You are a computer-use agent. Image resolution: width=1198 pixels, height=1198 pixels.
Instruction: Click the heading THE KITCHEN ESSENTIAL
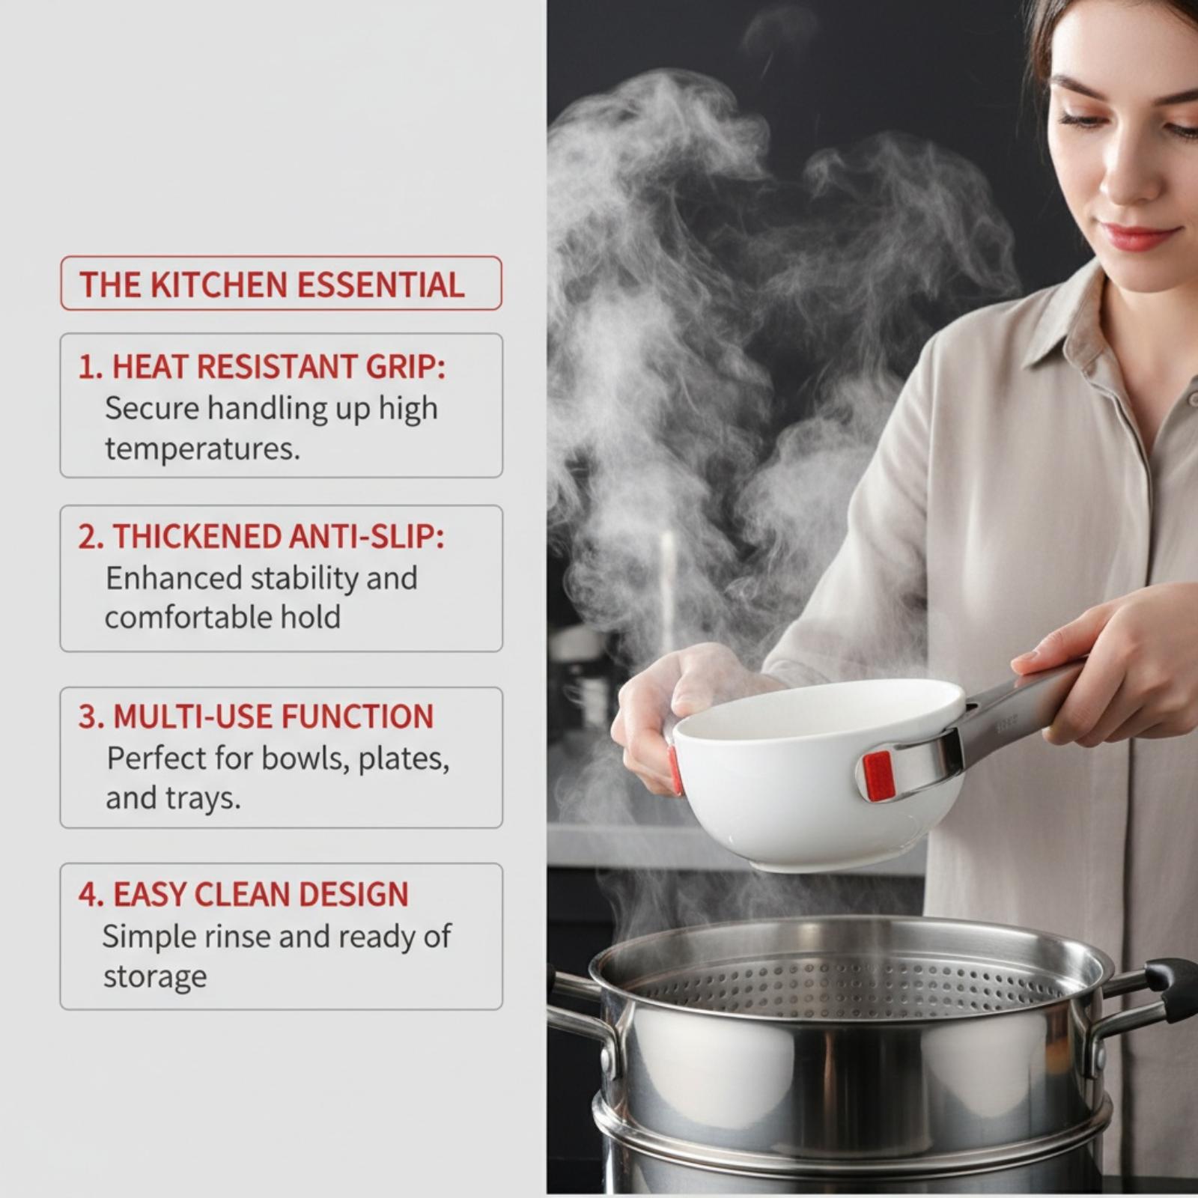[272, 285]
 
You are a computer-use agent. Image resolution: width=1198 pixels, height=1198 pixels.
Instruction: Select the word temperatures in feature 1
[202, 449]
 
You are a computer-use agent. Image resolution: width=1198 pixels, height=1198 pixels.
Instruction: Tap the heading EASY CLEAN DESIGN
[261, 895]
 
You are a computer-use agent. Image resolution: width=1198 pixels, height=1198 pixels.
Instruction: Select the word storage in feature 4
[155, 977]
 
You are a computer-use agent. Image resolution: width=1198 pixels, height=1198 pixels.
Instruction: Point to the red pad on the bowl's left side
[675, 769]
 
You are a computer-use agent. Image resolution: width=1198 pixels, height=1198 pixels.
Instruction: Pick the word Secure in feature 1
[153, 409]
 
